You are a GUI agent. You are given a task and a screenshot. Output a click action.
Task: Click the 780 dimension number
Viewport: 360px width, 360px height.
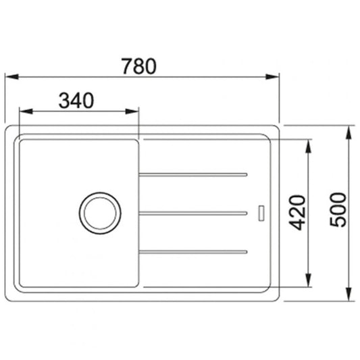point(139,66)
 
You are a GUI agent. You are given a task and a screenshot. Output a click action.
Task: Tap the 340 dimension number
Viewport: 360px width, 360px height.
point(76,101)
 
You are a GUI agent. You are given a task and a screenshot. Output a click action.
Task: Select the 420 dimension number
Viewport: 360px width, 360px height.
point(297,213)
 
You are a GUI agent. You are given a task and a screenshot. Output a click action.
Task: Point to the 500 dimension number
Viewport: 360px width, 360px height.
point(338,209)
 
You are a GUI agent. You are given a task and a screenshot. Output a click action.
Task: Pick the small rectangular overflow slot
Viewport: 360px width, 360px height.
point(261,213)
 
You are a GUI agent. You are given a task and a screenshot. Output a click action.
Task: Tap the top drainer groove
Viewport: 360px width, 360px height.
point(193,175)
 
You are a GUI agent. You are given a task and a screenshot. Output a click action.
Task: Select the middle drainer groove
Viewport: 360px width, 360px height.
point(193,213)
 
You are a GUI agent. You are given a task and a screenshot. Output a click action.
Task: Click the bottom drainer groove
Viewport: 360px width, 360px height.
point(193,252)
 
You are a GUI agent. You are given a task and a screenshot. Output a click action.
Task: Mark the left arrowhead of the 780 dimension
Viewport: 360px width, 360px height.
point(11,77)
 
